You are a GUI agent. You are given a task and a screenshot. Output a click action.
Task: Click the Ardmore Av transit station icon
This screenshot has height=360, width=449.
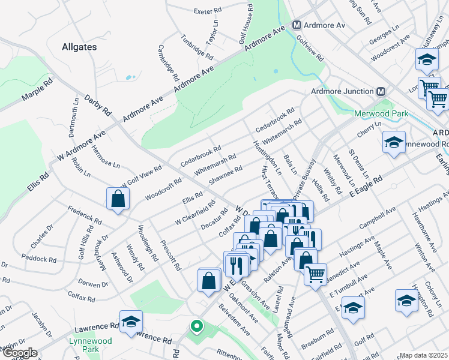point(297,26)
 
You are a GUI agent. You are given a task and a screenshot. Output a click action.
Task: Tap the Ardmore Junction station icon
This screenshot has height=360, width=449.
point(379,91)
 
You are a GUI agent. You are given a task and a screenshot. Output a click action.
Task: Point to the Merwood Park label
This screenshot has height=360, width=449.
point(381,113)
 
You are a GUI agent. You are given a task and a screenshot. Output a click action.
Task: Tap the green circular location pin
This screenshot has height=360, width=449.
point(196,327)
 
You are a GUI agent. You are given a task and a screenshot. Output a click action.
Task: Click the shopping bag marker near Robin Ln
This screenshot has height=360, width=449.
point(118,199)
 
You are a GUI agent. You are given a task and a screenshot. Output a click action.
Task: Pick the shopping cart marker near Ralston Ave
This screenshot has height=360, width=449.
point(315,275)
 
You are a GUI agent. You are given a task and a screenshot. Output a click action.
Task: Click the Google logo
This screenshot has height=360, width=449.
point(20,353)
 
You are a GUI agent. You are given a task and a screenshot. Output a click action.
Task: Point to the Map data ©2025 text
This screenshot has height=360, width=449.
point(424,355)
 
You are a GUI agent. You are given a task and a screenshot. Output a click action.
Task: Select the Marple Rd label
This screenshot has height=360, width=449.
point(38,91)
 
